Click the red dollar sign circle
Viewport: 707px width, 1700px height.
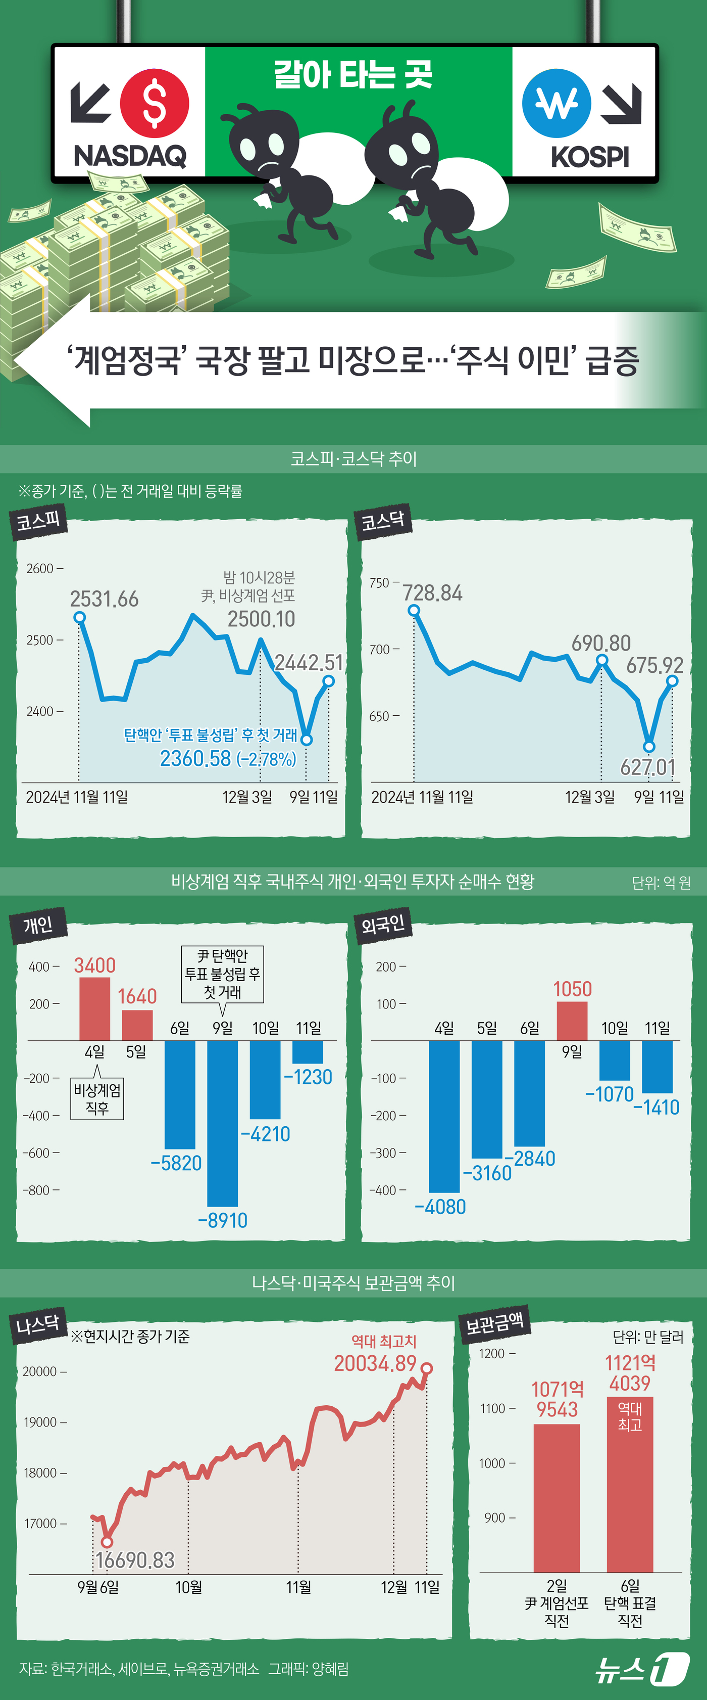(x=155, y=104)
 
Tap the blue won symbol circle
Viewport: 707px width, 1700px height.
(x=556, y=104)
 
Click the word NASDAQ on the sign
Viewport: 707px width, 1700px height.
(x=130, y=156)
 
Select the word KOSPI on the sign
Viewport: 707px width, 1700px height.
(x=590, y=158)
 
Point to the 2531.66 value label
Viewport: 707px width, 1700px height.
(x=104, y=599)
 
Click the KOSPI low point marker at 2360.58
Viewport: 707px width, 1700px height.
(x=306, y=739)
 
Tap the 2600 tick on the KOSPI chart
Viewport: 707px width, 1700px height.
(x=40, y=568)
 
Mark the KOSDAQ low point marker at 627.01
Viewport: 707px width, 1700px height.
(x=649, y=747)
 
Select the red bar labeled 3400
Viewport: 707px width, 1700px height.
(x=94, y=1008)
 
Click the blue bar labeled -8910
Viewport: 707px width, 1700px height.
(x=222, y=1123)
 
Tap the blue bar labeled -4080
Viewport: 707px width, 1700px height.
(x=444, y=1116)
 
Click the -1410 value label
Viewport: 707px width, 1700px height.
(x=656, y=1108)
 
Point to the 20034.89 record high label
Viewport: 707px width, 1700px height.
(x=375, y=1363)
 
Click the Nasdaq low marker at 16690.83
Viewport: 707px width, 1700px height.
(x=107, y=1542)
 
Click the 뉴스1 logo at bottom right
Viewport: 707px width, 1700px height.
(x=641, y=1668)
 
